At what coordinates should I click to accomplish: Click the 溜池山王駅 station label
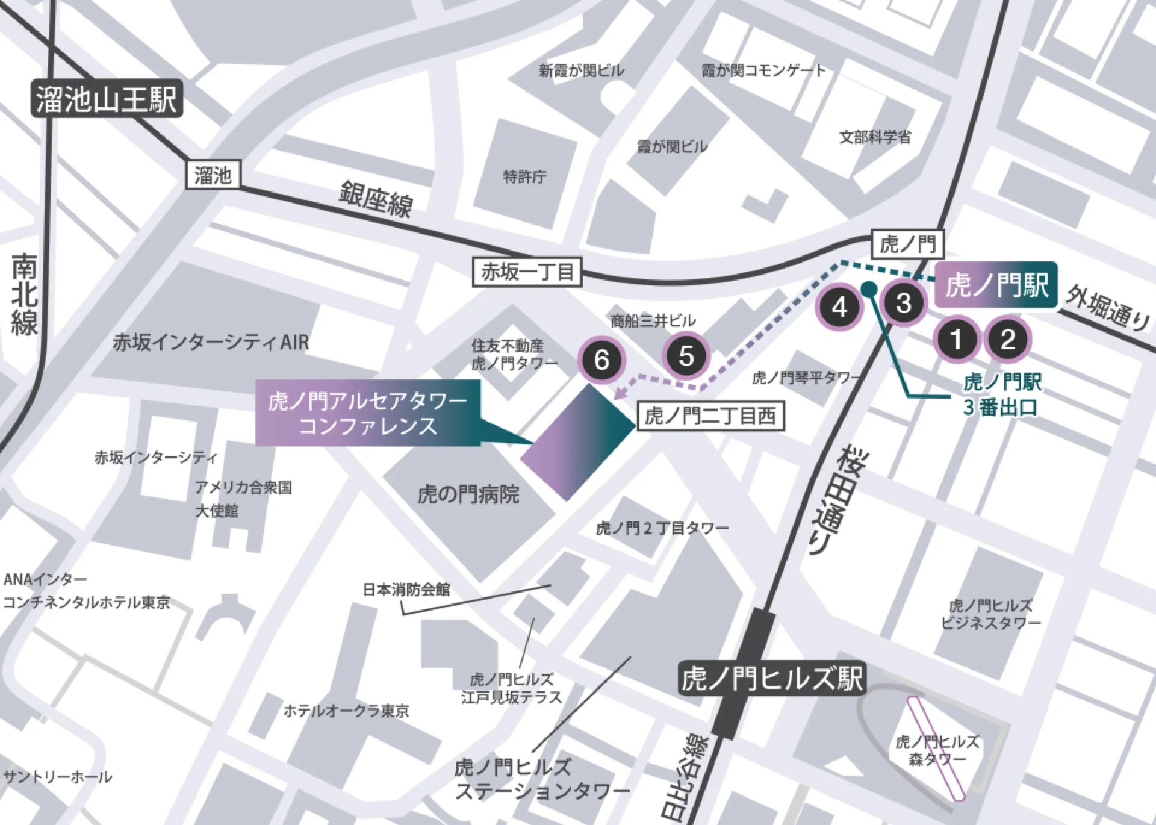click(x=106, y=99)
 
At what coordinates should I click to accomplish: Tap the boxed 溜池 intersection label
click(x=213, y=175)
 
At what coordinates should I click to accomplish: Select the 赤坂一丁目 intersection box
click(x=527, y=272)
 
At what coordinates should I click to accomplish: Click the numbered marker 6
click(x=601, y=360)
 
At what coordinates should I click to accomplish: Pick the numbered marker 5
click(x=686, y=356)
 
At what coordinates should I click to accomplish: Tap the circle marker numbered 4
click(x=839, y=307)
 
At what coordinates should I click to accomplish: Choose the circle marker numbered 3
click(x=904, y=303)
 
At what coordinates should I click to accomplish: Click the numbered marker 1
click(x=957, y=340)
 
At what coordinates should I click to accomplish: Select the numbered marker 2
click(x=1008, y=339)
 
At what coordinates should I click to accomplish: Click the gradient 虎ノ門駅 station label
click(x=996, y=285)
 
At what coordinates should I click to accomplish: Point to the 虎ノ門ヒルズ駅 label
click(x=772, y=679)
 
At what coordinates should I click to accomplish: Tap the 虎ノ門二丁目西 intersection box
click(x=710, y=416)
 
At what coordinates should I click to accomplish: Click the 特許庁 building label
click(x=524, y=177)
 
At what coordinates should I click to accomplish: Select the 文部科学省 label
click(x=875, y=138)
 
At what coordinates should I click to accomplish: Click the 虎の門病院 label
click(x=468, y=495)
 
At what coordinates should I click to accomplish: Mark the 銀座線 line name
click(x=376, y=199)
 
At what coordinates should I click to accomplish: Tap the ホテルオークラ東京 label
click(x=346, y=711)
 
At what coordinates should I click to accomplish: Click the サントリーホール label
click(x=58, y=777)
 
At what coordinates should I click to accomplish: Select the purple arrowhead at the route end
click(x=621, y=393)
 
